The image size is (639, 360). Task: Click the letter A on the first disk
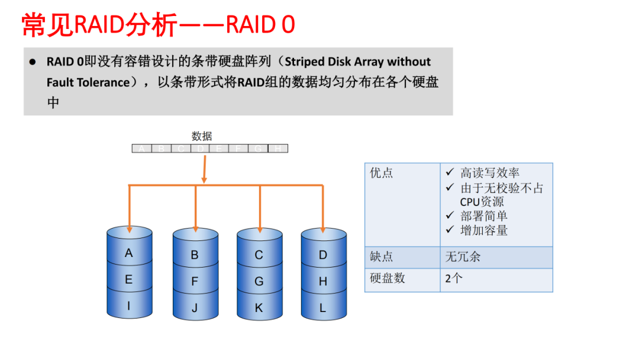click(129, 253)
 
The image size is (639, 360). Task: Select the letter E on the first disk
click(129, 280)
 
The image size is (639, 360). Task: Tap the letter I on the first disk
click(129, 306)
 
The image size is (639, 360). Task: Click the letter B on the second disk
click(195, 256)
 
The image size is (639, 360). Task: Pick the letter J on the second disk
click(195, 308)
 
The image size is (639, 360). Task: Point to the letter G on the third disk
click(259, 282)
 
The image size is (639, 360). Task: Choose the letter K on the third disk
click(259, 308)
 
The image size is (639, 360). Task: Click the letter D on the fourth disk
click(323, 255)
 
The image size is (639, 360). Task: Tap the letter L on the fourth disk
click(323, 308)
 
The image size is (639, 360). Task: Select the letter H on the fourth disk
click(323, 282)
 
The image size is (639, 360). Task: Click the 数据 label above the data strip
click(202, 136)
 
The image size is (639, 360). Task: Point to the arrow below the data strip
click(204, 169)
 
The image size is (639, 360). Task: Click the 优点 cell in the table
click(382, 173)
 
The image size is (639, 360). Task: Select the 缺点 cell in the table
click(382, 257)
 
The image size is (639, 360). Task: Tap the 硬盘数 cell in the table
click(388, 278)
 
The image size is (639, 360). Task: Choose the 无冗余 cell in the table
click(463, 257)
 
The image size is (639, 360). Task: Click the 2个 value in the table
click(454, 278)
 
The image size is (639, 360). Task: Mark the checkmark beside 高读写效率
click(450, 173)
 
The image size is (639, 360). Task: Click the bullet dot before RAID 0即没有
click(33, 62)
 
